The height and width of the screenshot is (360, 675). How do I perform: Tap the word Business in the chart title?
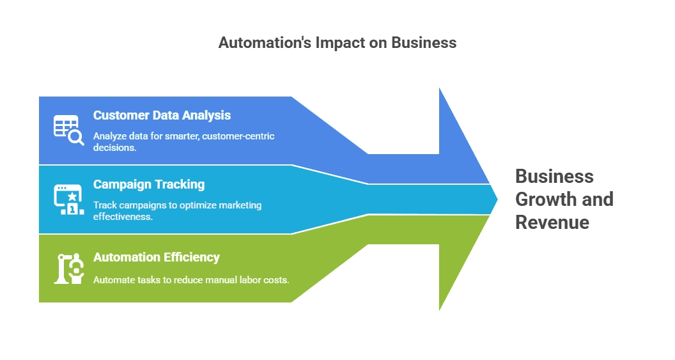click(x=423, y=43)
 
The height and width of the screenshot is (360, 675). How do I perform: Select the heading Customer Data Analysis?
click(x=162, y=116)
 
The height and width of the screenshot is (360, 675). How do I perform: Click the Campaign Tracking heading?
click(x=149, y=184)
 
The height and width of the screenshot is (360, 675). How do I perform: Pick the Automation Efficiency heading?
click(x=157, y=257)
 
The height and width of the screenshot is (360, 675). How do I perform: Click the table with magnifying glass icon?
click(x=68, y=130)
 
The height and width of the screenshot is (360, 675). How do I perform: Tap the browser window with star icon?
click(x=68, y=199)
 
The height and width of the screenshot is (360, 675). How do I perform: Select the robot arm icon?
click(x=68, y=269)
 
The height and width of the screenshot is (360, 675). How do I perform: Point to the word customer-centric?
click(x=238, y=136)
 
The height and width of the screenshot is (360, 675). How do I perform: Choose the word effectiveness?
click(x=123, y=216)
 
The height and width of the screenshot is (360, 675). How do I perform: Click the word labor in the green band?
click(x=246, y=279)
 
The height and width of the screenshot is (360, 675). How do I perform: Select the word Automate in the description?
click(x=113, y=279)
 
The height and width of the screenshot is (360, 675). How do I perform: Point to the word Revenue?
click(x=552, y=223)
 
